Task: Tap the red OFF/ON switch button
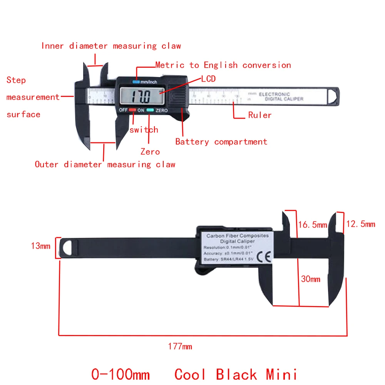133,110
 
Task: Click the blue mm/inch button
136,81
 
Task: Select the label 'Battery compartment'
221,142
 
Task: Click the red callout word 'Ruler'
260,115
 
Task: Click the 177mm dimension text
180,346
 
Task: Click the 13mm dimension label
40,246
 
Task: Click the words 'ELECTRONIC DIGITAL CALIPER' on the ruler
281,96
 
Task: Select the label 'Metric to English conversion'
223,65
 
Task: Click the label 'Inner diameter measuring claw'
111,46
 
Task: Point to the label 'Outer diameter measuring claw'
105,164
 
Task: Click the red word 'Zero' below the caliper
150,152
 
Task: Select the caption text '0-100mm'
120,374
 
